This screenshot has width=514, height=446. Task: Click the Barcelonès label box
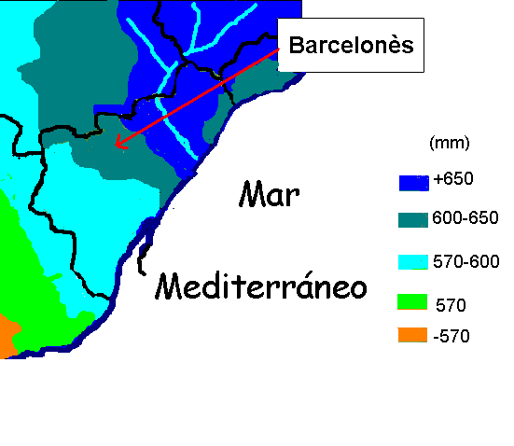(x=352, y=46)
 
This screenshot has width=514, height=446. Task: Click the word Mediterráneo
(x=261, y=286)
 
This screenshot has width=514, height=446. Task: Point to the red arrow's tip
(x=114, y=147)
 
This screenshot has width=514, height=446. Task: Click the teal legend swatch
(x=412, y=220)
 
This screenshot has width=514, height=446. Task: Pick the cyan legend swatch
(x=412, y=262)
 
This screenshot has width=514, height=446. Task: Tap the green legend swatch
(x=412, y=302)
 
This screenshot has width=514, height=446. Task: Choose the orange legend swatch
(x=412, y=336)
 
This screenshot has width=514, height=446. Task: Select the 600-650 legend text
(x=465, y=218)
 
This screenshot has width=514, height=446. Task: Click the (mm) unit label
(x=449, y=144)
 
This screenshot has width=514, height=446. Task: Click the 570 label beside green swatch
(x=451, y=304)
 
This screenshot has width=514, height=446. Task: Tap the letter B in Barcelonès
(x=296, y=46)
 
